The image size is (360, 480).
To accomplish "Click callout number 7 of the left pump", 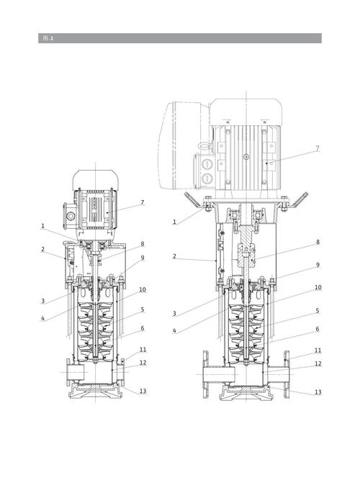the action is click(142, 203).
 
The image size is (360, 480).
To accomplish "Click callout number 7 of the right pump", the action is click(318, 148).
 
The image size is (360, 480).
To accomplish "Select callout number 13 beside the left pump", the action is click(143, 391).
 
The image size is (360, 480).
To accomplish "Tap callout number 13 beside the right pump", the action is click(318, 391).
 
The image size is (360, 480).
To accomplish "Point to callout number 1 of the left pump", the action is click(42, 226).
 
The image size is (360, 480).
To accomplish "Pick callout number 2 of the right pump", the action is click(174, 256).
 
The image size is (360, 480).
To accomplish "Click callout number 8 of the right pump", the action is click(318, 242).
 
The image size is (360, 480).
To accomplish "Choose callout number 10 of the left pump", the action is click(143, 289).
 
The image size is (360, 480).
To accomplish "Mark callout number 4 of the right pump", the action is click(174, 330).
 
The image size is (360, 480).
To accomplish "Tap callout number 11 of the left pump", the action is click(143, 350).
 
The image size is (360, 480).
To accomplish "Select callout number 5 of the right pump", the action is click(318, 311).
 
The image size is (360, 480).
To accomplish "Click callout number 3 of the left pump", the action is click(42, 301).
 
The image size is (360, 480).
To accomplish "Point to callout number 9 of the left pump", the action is click(142, 258).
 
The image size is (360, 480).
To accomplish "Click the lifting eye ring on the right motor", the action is click(204, 146).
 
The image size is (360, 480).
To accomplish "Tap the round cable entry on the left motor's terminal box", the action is click(71, 217).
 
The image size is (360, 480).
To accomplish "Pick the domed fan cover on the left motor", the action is click(95, 180).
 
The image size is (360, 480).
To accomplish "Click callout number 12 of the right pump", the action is click(318, 363).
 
